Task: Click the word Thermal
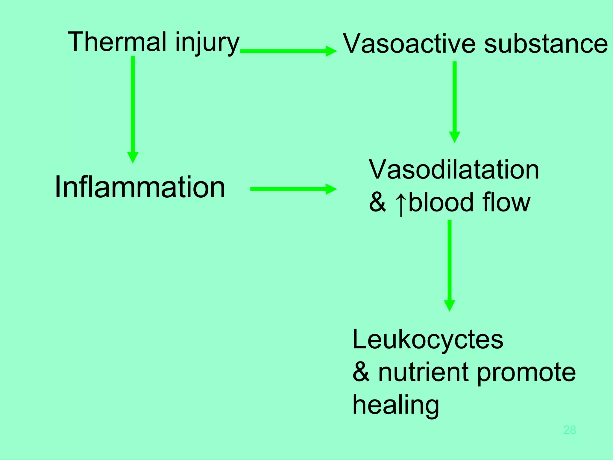pos(117,42)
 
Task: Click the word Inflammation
pos(140,187)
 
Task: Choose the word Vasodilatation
pos(453,170)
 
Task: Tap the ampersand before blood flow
pos(377,203)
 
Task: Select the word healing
pos(396,405)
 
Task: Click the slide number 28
pos(569,430)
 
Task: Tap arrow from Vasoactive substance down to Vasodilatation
pos(454,102)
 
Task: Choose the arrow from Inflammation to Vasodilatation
pos(293,189)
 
